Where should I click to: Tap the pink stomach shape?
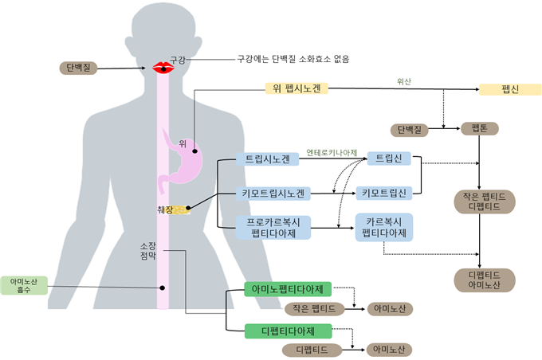point(188,163)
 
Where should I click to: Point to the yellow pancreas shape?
point(183,209)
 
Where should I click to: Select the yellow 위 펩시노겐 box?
point(293,88)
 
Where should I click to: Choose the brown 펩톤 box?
point(480,128)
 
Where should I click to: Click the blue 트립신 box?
point(389,158)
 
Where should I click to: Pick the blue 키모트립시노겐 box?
point(273,193)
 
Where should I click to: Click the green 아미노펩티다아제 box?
point(286,288)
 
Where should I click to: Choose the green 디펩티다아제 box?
point(286,330)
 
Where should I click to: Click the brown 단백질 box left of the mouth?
point(79,68)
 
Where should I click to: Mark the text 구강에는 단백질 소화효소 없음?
point(293,58)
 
